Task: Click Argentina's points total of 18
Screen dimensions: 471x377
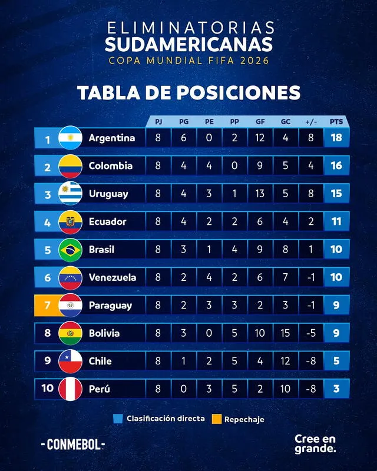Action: [336, 138]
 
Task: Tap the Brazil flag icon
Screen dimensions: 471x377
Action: [70, 250]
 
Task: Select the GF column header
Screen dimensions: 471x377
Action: [260, 122]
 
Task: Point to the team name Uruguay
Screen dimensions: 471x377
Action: [108, 194]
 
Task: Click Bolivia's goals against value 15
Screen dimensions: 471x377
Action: [285, 333]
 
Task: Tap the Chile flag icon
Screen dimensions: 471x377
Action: [70, 361]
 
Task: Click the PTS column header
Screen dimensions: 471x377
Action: [336, 122]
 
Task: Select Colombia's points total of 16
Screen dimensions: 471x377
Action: [336, 166]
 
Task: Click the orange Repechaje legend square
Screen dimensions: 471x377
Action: [216, 419]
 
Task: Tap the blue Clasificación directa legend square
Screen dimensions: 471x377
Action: [117, 419]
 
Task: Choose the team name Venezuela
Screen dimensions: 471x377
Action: [113, 277]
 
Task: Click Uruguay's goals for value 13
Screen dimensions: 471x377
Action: [260, 194]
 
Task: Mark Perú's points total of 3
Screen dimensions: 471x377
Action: [336, 389]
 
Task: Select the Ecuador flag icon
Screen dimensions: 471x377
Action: [70, 222]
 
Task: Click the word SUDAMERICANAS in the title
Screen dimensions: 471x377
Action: [188, 44]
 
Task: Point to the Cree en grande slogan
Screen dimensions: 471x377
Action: [316, 443]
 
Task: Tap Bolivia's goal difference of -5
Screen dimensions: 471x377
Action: [310, 333]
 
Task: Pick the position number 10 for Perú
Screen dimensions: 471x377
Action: [48, 389]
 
